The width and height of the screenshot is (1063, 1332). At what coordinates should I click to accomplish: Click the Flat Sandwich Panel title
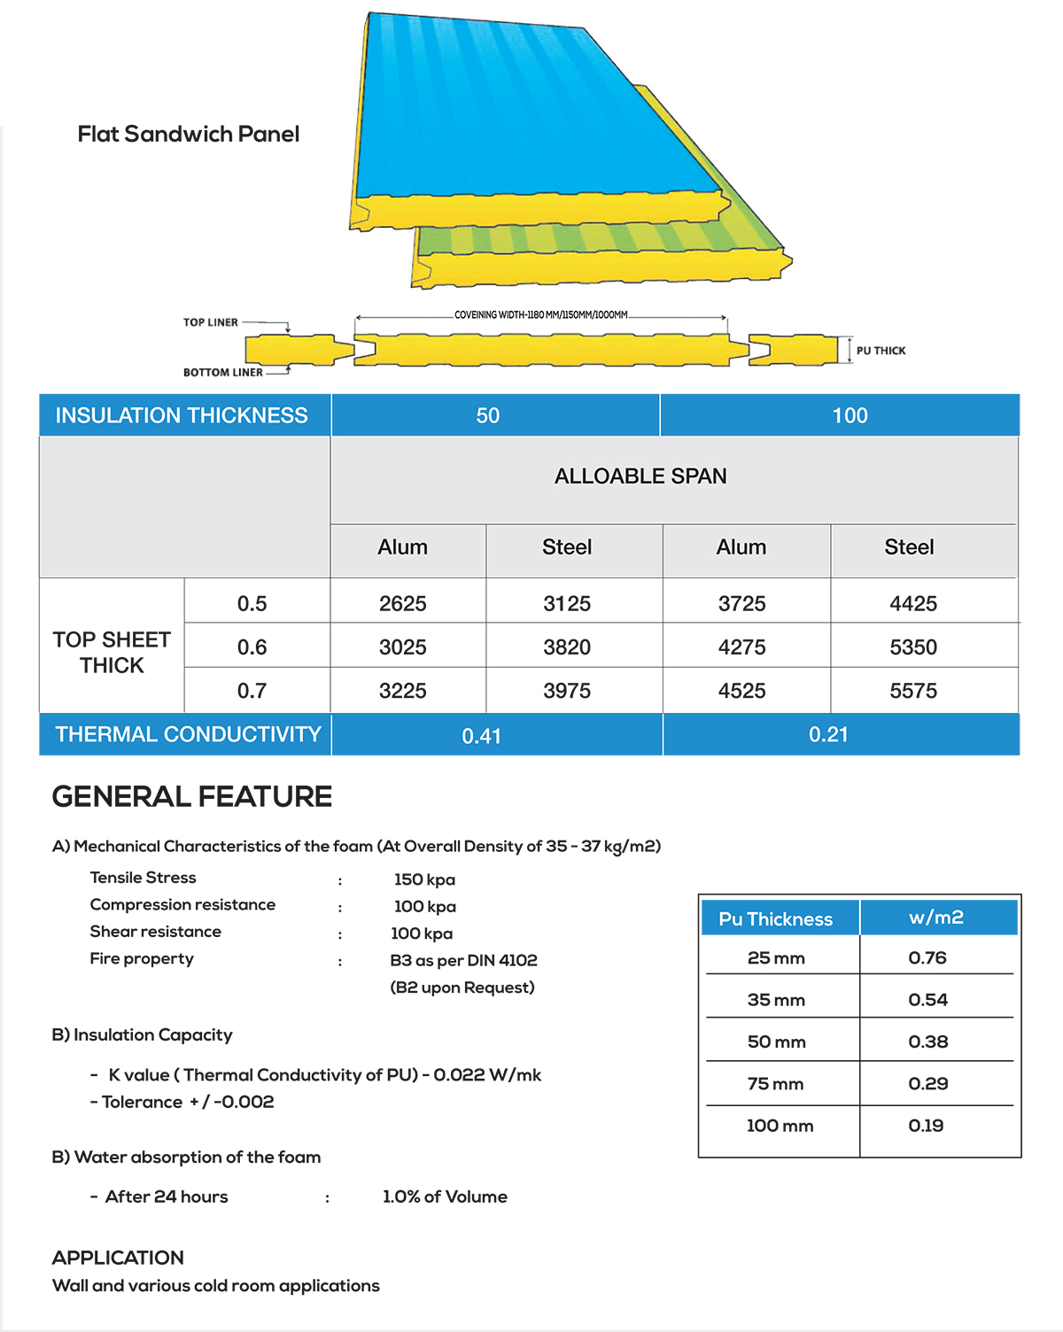click(188, 135)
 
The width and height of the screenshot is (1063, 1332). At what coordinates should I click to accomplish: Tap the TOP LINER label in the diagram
click(211, 322)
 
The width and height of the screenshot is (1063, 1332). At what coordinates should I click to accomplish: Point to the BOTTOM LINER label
click(222, 373)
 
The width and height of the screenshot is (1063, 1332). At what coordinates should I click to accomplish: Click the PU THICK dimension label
click(881, 351)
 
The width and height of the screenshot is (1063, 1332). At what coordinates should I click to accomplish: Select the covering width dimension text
click(540, 314)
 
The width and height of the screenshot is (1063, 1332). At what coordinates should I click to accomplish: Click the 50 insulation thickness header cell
click(488, 415)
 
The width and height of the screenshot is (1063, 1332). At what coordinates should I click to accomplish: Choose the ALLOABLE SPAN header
click(640, 476)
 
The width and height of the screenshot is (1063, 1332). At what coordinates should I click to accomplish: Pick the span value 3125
click(567, 604)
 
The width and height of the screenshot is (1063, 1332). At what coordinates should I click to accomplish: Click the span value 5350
click(913, 647)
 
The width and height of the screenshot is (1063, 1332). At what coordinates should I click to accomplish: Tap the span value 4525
click(741, 691)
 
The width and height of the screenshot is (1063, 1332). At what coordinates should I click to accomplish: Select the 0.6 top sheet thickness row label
click(252, 647)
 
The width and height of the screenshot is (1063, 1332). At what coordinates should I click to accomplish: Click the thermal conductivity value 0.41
click(481, 736)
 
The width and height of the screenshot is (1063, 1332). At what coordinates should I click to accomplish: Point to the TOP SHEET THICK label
click(112, 652)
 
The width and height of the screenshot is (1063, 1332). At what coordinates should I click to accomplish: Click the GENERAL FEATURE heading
click(192, 797)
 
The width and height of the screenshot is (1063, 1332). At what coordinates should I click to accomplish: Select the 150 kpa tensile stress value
click(424, 879)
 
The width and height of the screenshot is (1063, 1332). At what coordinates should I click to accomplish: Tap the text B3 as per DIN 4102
click(463, 960)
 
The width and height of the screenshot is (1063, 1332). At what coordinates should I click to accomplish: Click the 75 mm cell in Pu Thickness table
click(775, 1084)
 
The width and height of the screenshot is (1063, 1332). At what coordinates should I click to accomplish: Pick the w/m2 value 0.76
click(927, 957)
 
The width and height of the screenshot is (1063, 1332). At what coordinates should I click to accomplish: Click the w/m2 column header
click(936, 918)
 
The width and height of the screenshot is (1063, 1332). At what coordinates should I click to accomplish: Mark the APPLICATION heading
click(118, 1258)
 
